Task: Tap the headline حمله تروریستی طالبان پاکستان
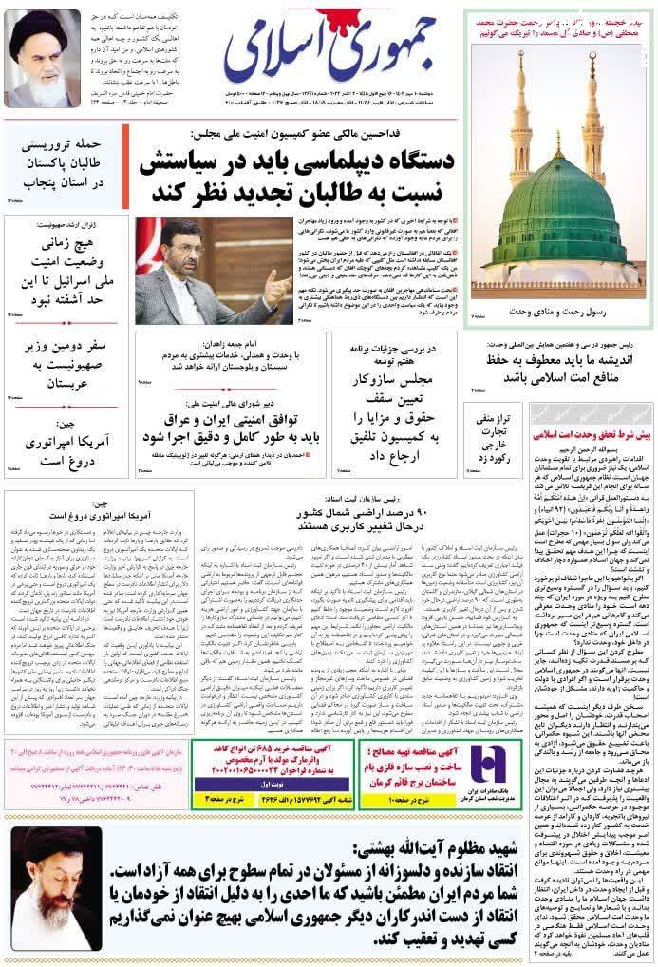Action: click(67, 164)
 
